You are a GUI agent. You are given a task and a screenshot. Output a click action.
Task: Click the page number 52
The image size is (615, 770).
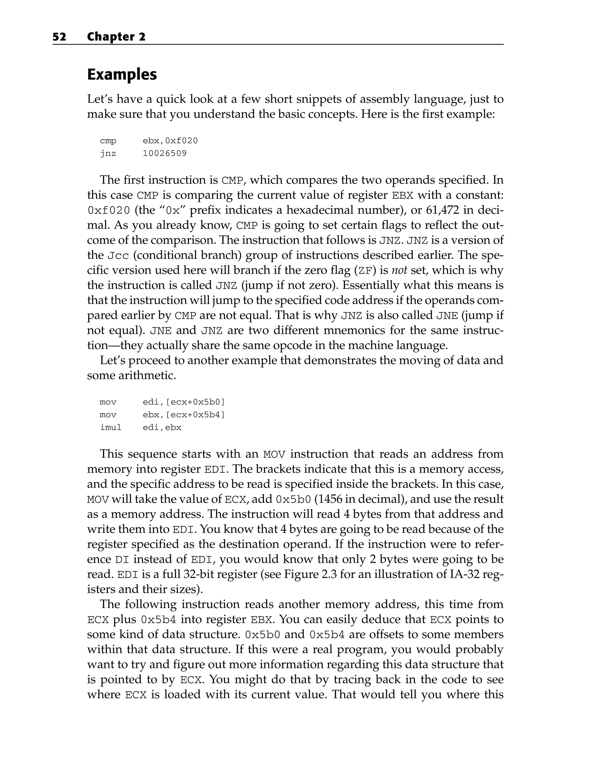tap(59, 37)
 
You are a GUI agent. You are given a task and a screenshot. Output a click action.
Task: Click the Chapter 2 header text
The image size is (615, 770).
tap(116, 37)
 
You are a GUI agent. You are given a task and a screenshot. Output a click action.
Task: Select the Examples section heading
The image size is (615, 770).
tap(122, 75)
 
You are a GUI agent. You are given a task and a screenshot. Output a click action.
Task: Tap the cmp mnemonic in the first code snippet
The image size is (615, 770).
tap(108, 141)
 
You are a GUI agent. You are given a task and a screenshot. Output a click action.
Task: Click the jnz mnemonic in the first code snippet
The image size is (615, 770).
tap(108, 154)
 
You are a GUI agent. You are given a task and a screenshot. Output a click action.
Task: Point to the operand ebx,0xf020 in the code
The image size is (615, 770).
tap(170, 141)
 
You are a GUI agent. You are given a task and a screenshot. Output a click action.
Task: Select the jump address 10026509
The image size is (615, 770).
tap(165, 154)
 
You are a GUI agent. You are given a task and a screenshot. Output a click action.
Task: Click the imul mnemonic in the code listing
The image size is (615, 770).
tap(111, 427)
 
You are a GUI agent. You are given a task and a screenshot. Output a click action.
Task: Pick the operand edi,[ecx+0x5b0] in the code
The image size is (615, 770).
tap(184, 402)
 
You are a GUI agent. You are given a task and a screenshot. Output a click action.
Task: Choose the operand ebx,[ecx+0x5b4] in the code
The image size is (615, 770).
tap(184, 415)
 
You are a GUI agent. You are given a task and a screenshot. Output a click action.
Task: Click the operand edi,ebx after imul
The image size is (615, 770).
tap(162, 427)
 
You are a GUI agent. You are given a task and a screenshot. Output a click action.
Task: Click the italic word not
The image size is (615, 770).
tap(399, 270)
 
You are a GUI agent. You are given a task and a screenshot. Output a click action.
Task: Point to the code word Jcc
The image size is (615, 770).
tap(118, 256)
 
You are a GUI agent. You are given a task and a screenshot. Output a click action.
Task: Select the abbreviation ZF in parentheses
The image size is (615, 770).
tap(365, 271)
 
